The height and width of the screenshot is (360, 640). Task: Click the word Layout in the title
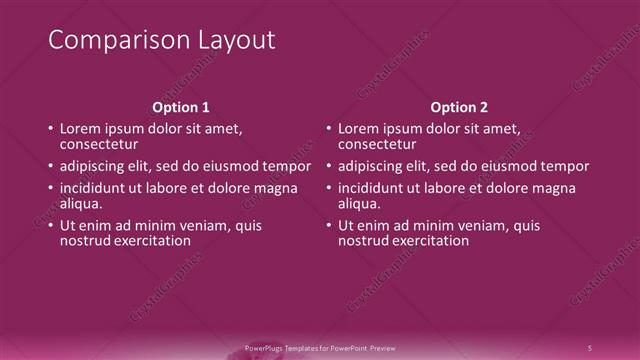coord(234,41)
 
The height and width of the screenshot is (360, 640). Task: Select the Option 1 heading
coord(181,107)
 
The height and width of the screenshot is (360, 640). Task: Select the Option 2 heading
coord(460,107)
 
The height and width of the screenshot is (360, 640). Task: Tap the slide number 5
coord(590,347)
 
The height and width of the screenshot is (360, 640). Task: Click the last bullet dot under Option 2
coord(330,227)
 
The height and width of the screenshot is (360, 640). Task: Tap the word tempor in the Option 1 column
coord(288,166)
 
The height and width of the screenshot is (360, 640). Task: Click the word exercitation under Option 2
coord(428,241)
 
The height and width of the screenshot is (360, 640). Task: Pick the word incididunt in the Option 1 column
coord(96,188)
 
